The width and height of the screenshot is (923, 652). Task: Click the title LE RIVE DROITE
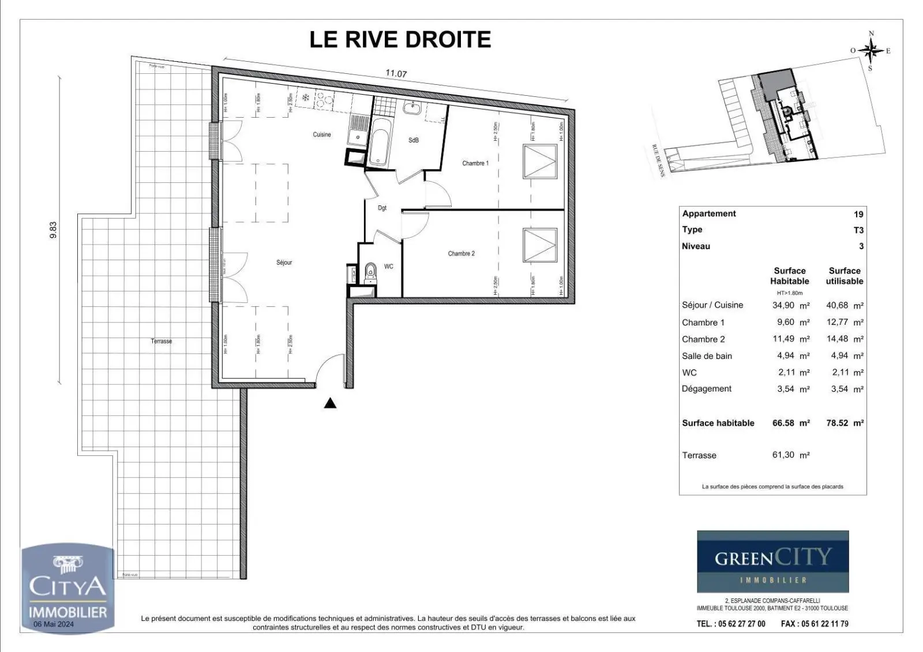(x=400, y=40)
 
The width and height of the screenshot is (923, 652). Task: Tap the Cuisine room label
(x=322, y=134)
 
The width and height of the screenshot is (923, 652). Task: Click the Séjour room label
(x=284, y=263)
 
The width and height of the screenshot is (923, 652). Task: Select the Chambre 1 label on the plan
(x=475, y=163)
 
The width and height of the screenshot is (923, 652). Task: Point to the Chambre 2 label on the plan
(x=461, y=253)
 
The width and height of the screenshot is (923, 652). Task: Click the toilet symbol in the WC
(x=370, y=271)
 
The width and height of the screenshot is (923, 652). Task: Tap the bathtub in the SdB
(x=379, y=142)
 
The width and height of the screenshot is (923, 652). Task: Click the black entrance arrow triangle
(x=330, y=403)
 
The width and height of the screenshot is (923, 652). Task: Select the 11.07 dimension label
(x=396, y=74)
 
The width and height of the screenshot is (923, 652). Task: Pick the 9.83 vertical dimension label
(x=53, y=231)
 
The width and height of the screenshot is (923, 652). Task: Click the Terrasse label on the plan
(x=161, y=341)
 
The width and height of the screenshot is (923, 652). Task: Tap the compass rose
(x=871, y=51)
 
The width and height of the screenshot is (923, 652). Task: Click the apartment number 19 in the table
(x=858, y=214)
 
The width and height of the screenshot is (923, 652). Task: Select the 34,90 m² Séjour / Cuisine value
(x=790, y=305)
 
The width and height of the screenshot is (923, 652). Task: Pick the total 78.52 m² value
(x=845, y=423)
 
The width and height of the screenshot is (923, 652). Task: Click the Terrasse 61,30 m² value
(x=790, y=455)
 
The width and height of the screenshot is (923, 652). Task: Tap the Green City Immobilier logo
(x=772, y=561)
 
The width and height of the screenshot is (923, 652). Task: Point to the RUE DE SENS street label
(x=658, y=160)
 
